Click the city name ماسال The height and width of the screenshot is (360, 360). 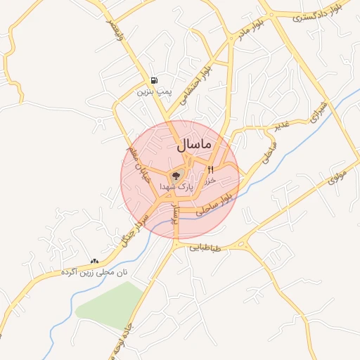[x=190, y=145]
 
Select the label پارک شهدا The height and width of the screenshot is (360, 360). [x=175, y=187]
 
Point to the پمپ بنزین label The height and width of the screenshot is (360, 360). [x=154, y=91]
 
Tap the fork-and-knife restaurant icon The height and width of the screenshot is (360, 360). [x=210, y=169]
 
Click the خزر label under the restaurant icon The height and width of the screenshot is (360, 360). [x=209, y=180]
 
